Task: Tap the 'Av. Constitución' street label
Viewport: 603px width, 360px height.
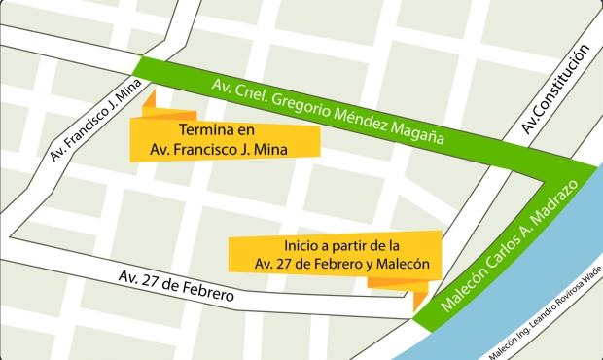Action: tap(556, 91)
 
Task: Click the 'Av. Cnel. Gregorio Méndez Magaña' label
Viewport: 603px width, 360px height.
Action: tap(328, 109)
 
